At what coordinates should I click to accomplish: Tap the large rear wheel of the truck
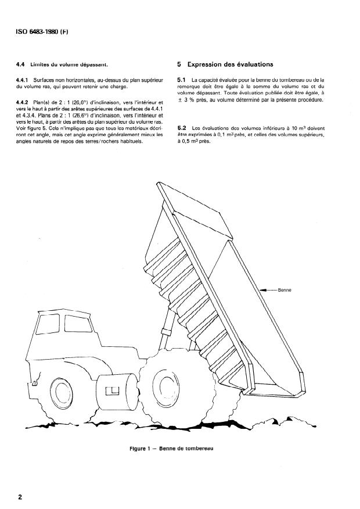tap(167, 386)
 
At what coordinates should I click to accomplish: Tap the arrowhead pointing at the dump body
tap(262, 289)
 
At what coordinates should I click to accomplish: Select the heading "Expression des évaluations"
tap(230, 64)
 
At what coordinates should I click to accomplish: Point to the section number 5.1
tap(181, 79)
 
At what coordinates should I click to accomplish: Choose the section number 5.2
tap(181, 127)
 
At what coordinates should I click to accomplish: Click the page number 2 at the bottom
tap(20, 497)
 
